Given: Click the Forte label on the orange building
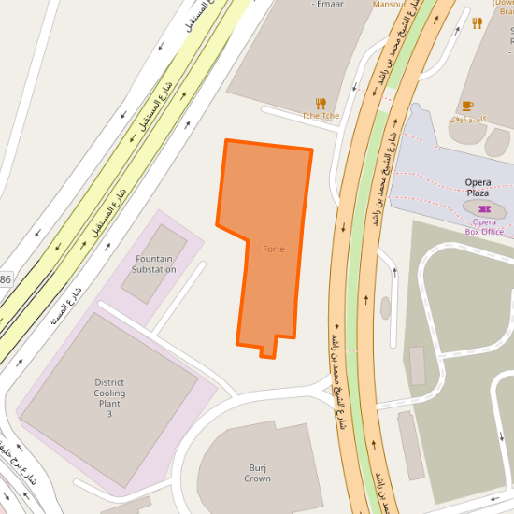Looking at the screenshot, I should pos(273,249).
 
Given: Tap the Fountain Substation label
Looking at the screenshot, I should pos(154,264).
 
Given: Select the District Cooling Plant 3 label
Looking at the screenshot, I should pos(109,397).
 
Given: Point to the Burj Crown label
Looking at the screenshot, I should pos(257,472).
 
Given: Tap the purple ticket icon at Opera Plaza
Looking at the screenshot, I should pos(484,207).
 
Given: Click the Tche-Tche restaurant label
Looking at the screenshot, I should pos(320,116).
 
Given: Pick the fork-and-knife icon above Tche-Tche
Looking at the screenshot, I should pos(321,103).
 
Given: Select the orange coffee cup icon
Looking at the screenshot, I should pos(467,106).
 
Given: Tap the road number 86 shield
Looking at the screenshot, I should pos(6,279).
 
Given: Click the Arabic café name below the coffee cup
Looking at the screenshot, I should pos(468,119).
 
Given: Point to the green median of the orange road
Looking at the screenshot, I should pos(358,280).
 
